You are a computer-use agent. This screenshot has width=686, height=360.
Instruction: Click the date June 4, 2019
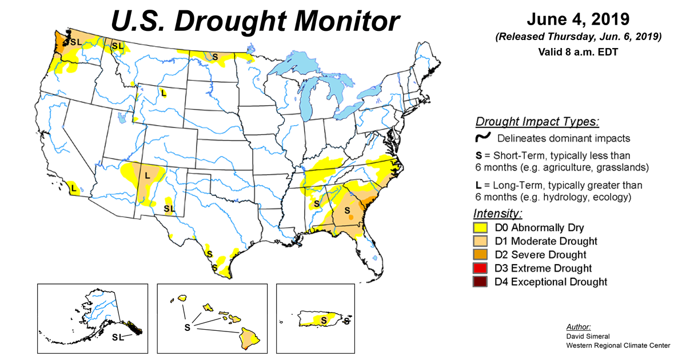pyautogui.click(x=578, y=19)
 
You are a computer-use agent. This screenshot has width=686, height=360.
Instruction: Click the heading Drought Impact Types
pyautogui.click(x=537, y=122)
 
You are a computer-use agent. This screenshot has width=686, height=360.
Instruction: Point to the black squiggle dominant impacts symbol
pyautogui.click(x=484, y=137)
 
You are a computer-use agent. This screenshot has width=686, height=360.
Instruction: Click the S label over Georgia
pyautogui.click(x=346, y=210)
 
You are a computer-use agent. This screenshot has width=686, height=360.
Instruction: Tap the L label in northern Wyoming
pyautogui.click(x=164, y=93)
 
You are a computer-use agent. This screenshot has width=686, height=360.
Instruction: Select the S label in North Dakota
pyautogui.click(x=215, y=57)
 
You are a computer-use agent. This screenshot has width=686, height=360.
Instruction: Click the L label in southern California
pyautogui.click(x=73, y=186)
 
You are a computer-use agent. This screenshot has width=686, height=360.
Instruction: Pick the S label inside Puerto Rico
pyautogui.click(x=323, y=321)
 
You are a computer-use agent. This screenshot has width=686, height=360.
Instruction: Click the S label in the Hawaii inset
pyautogui.click(x=186, y=327)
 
